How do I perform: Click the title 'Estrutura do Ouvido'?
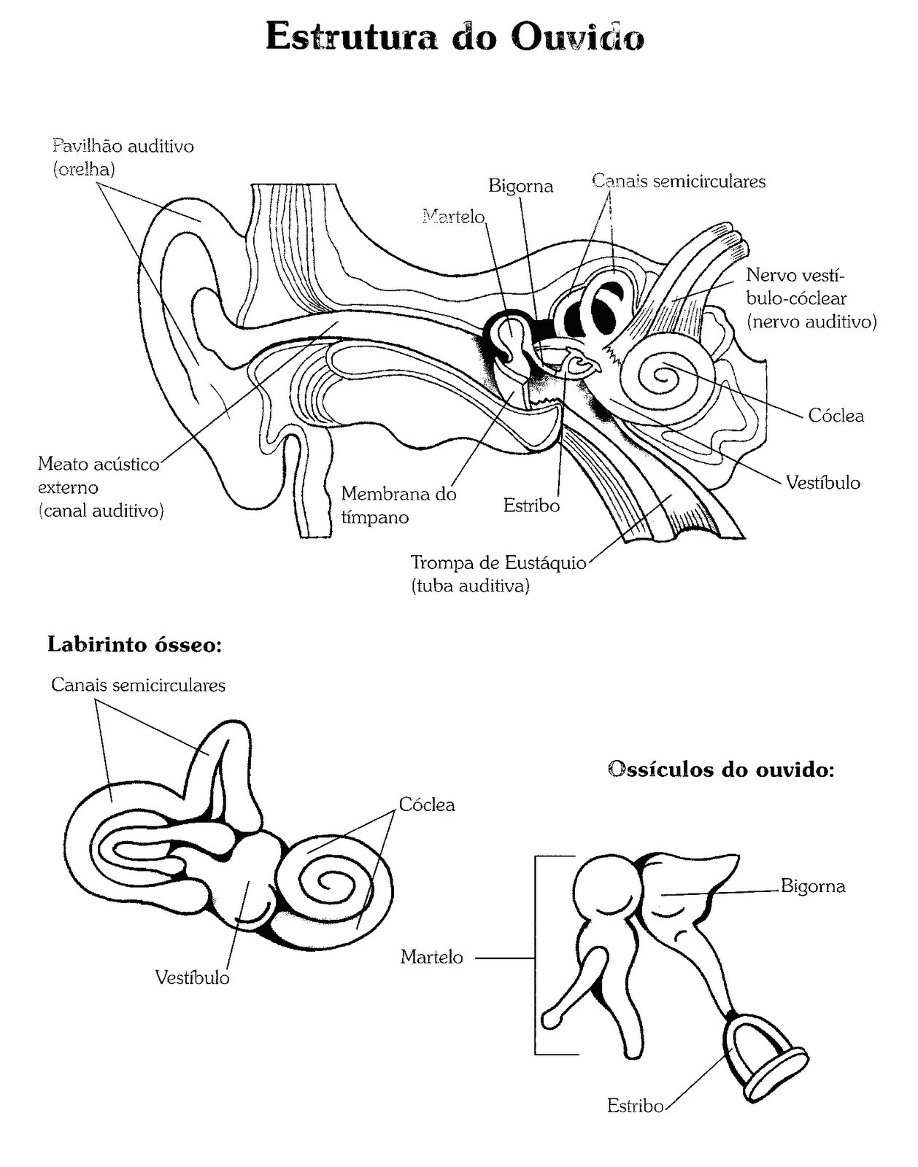455,37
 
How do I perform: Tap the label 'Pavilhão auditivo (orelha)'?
123,158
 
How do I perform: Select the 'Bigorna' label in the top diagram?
520,186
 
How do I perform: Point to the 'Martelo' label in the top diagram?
453,217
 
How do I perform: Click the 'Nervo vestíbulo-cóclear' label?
811,298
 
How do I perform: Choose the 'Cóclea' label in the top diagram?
836,416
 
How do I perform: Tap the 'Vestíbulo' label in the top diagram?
823,482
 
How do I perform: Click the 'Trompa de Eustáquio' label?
498,574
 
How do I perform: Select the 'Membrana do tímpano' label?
398,505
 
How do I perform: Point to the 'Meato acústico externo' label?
101,487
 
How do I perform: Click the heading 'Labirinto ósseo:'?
135,645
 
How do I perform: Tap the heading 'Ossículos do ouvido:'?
720,769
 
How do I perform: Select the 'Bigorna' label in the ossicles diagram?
813,886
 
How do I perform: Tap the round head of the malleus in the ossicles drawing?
608,885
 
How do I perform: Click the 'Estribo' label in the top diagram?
531,505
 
